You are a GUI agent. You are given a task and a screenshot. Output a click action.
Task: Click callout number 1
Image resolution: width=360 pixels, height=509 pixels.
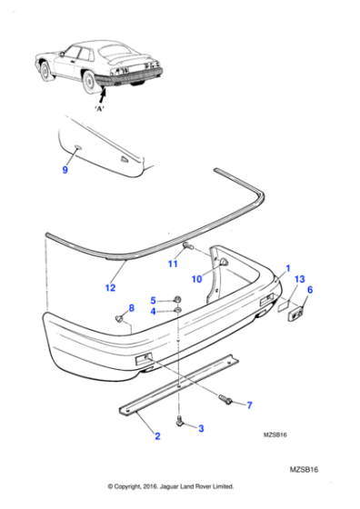[288, 269]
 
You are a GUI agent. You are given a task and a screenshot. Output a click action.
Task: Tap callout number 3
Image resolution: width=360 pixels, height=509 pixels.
[201, 427]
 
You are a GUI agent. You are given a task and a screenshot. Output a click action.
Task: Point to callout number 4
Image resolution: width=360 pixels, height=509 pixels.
[154, 313]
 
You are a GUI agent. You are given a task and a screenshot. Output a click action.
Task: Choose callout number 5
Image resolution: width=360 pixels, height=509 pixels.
[154, 300]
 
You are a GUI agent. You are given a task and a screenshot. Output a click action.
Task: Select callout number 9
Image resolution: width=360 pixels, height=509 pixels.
[65, 170]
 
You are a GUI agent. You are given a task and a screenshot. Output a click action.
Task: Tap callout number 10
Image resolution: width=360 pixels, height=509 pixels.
[196, 278]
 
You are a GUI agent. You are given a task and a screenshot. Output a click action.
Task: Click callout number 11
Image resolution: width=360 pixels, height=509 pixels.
[171, 264]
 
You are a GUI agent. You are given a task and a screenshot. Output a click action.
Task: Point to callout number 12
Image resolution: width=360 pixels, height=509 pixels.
[110, 288]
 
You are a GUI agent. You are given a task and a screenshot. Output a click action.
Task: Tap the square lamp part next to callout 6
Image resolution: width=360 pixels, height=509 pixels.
[295, 314]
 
